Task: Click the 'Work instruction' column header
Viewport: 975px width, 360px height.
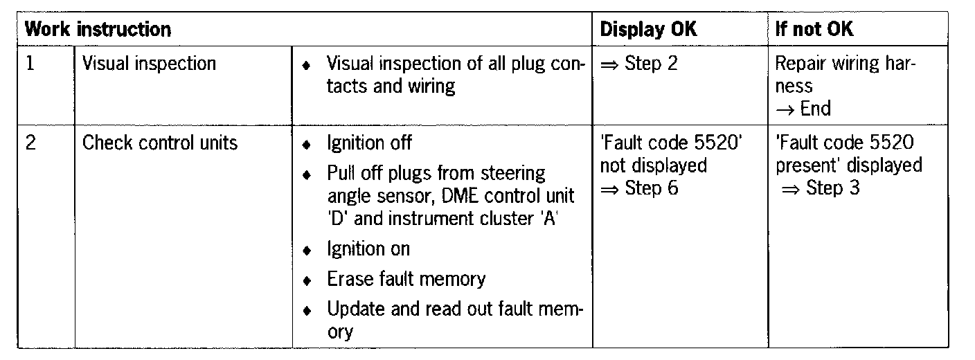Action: [x=98, y=30]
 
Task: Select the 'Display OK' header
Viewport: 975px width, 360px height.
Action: [x=648, y=30]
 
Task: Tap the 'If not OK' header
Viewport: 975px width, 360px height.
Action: [x=814, y=30]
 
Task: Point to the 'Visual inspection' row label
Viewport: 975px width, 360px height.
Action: [x=149, y=64]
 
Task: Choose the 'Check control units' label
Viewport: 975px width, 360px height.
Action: [x=160, y=143]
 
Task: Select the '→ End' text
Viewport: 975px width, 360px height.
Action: [x=803, y=109]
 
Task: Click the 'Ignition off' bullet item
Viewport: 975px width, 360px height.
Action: [x=369, y=143]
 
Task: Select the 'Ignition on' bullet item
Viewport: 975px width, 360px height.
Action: [x=368, y=249]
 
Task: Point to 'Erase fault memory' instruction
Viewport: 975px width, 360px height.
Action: [x=406, y=279]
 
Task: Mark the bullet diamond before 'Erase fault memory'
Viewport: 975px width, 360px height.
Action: [x=307, y=280]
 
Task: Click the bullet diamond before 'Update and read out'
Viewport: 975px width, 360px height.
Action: [x=307, y=310]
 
